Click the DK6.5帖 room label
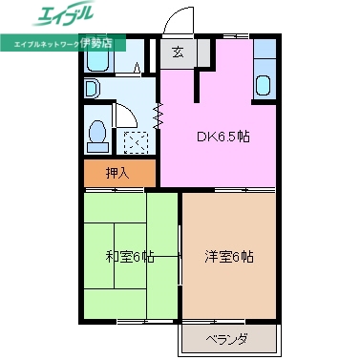point(223,137)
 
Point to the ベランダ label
point(227,339)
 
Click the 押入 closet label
point(117,174)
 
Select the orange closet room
point(118,174)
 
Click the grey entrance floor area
point(179,54)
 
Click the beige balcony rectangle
point(227,339)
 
